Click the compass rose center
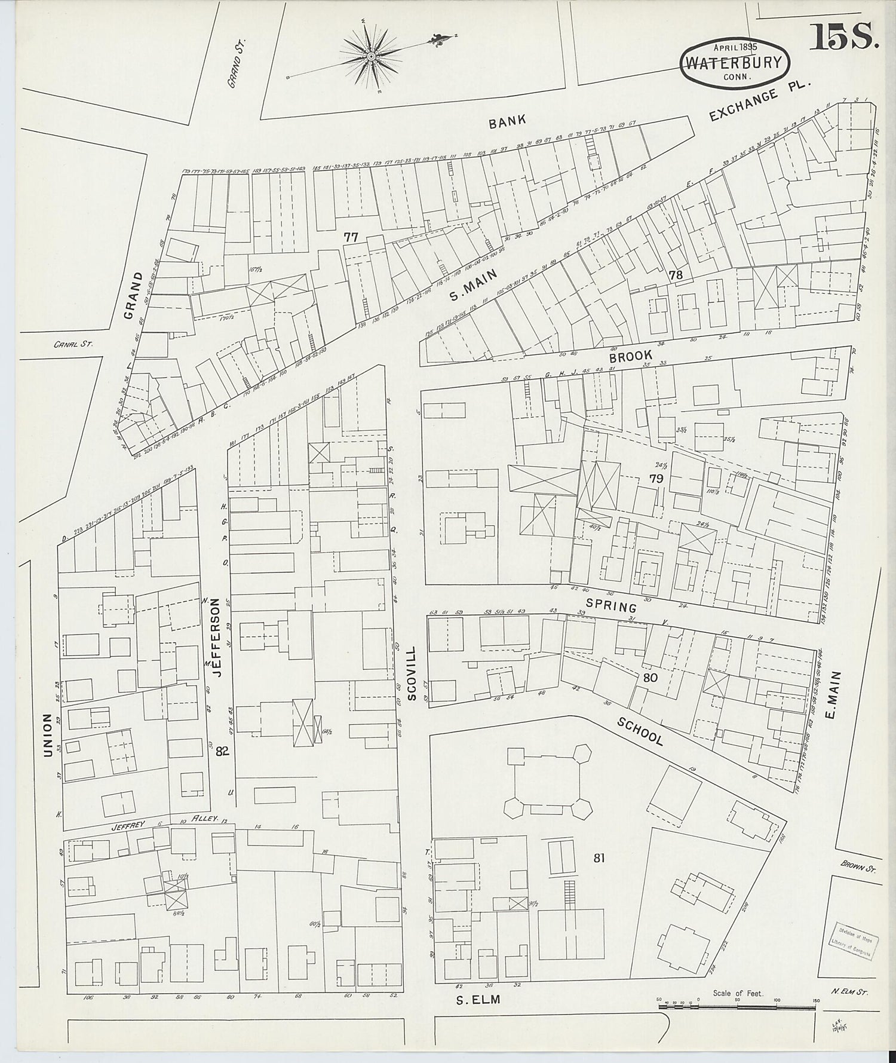coord(371,56)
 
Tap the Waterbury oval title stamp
coord(734,63)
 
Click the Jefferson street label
coord(217,638)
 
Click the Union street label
coord(48,734)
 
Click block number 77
coord(351,237)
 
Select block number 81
coord(599,858)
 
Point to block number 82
coord(222,752)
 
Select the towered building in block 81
coord(548,782)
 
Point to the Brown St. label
coord(856,866)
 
